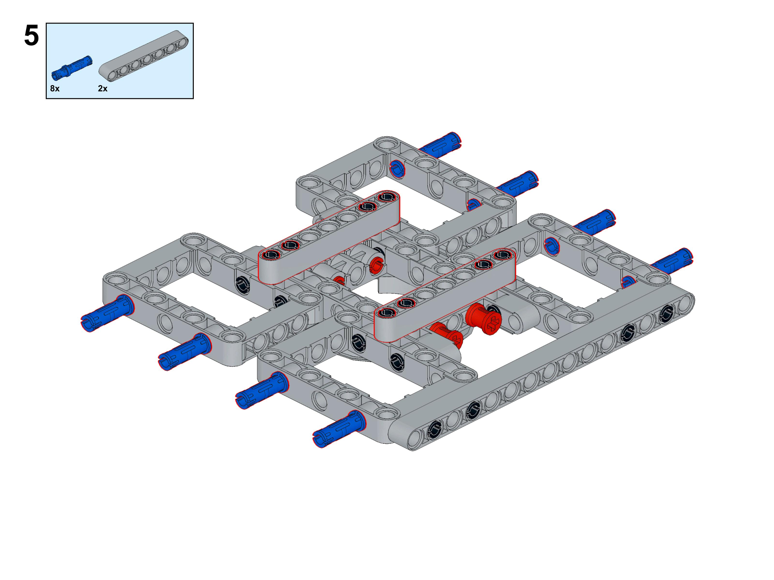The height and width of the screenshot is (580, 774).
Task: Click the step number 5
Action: pos(32,36)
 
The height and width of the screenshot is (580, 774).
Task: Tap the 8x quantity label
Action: pos(55,89)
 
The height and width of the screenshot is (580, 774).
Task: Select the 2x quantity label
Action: pos(103,89)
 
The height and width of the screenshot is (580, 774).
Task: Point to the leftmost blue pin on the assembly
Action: pos(107,313)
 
